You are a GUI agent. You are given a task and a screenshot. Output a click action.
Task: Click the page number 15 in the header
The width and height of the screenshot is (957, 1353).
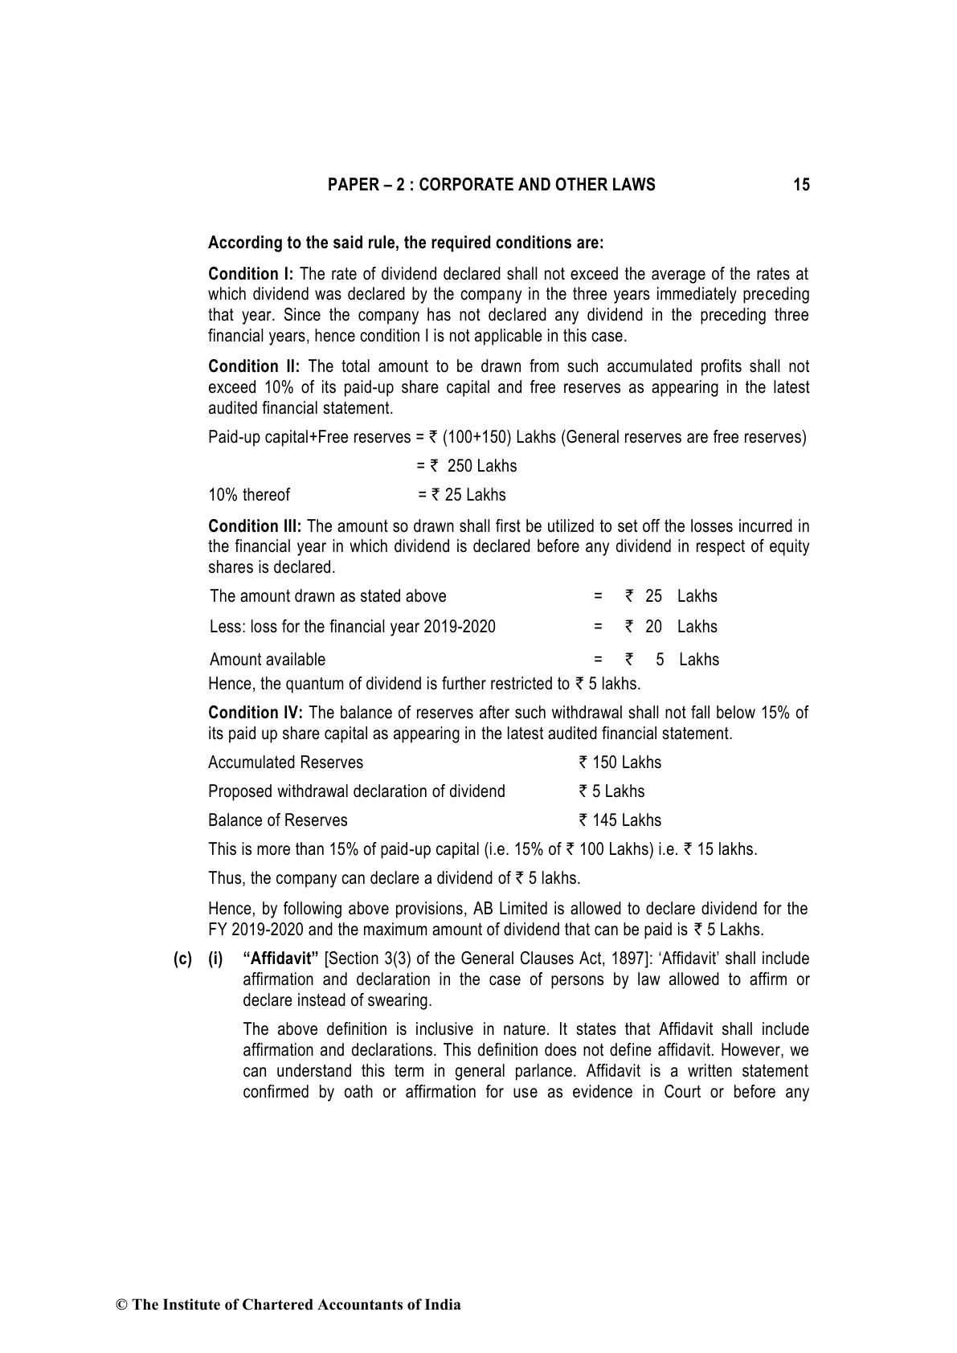point(801,186)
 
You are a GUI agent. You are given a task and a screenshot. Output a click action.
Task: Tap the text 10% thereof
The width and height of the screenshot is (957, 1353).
point(248,495)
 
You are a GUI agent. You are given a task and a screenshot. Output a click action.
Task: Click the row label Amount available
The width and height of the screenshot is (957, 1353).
point(268,660)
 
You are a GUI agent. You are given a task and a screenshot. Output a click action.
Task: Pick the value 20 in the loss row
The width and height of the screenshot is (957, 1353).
point(653,627)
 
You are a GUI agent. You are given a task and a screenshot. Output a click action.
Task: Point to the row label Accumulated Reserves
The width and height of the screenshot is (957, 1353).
point(285,762)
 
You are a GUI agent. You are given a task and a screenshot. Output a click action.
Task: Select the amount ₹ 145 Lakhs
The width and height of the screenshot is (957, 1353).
point(620,820)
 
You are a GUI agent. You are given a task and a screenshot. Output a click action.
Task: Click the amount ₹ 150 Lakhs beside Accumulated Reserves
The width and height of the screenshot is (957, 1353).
point(620,762)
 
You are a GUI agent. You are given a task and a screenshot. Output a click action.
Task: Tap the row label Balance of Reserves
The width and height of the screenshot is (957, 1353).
point(277,820)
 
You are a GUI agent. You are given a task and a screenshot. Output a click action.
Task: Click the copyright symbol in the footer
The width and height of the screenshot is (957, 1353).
point(122,1305)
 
